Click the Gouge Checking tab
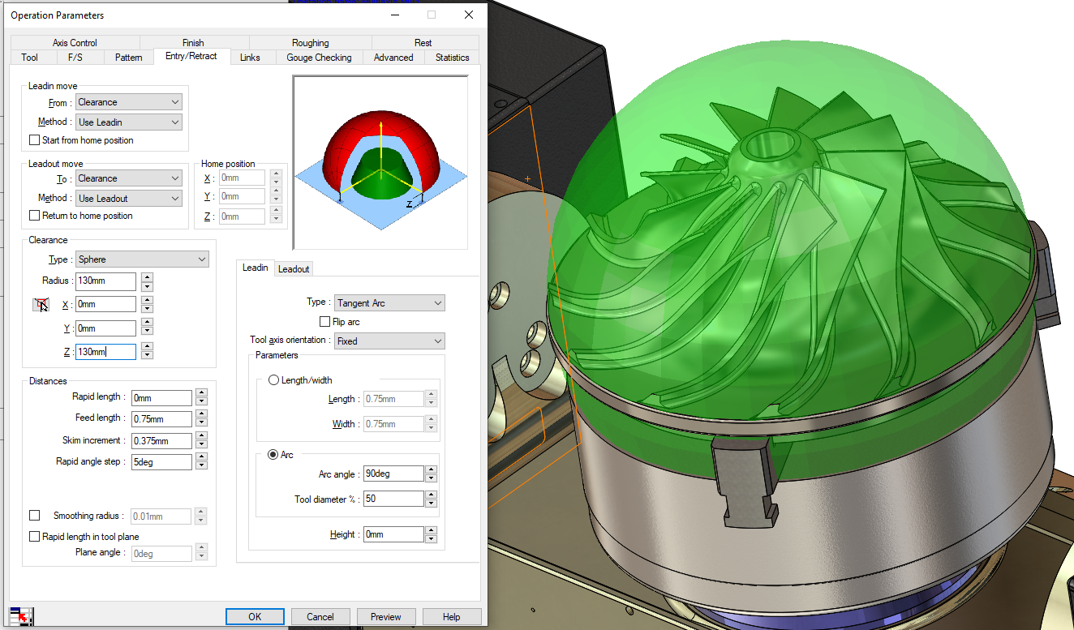[319, 58]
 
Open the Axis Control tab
[75, 43]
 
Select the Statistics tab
[452, 58]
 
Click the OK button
[255, 616]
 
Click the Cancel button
[320, 616]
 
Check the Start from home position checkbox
[35, 140]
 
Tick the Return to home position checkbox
[35, 216]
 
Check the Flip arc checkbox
[325, 322]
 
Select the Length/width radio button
[273, 380]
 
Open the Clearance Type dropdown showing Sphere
[142, 259]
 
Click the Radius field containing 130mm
[105, 281]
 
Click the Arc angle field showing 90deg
[393, 474]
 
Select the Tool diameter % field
[393, 498]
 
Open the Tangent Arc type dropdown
[389, 303]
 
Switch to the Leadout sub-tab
[294, 268]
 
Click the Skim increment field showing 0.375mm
[161, 440]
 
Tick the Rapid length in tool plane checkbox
[35, 536]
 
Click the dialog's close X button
[468, 15]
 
